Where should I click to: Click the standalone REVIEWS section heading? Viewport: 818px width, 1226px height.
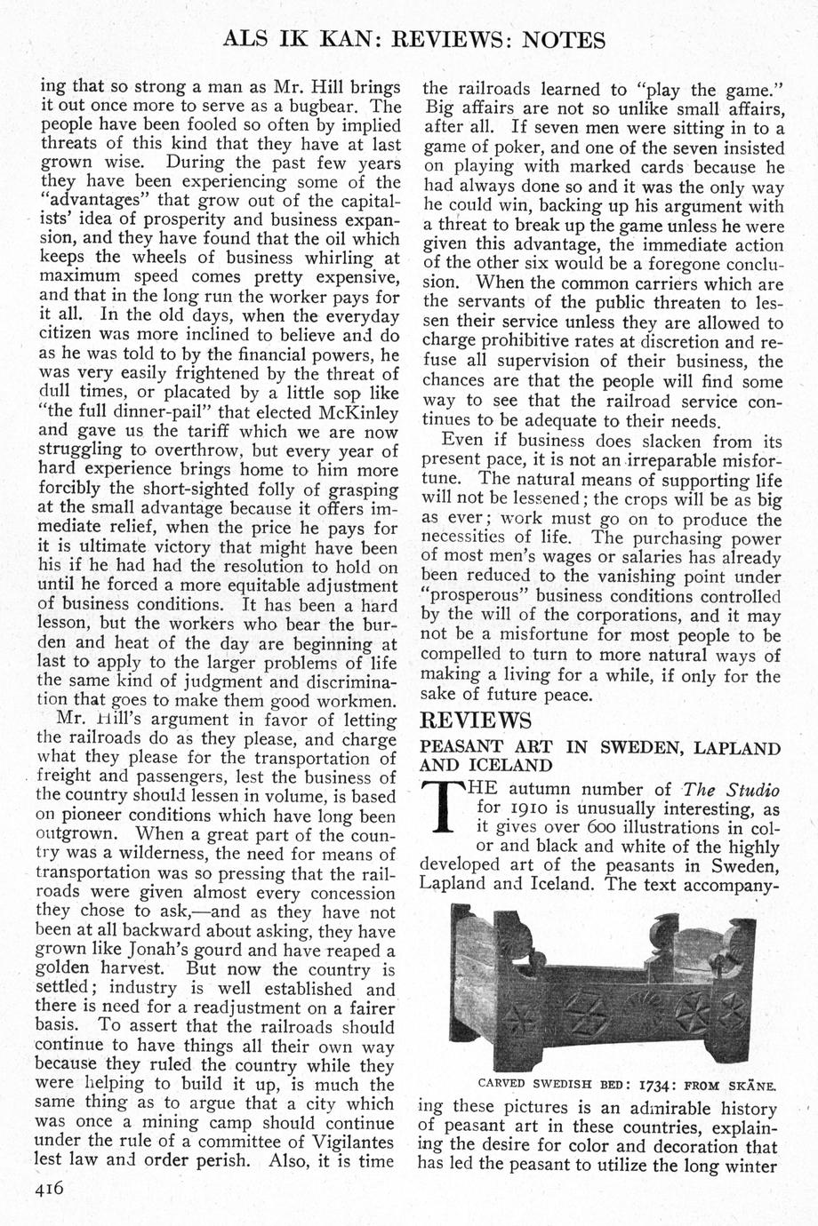click(475, 719)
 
